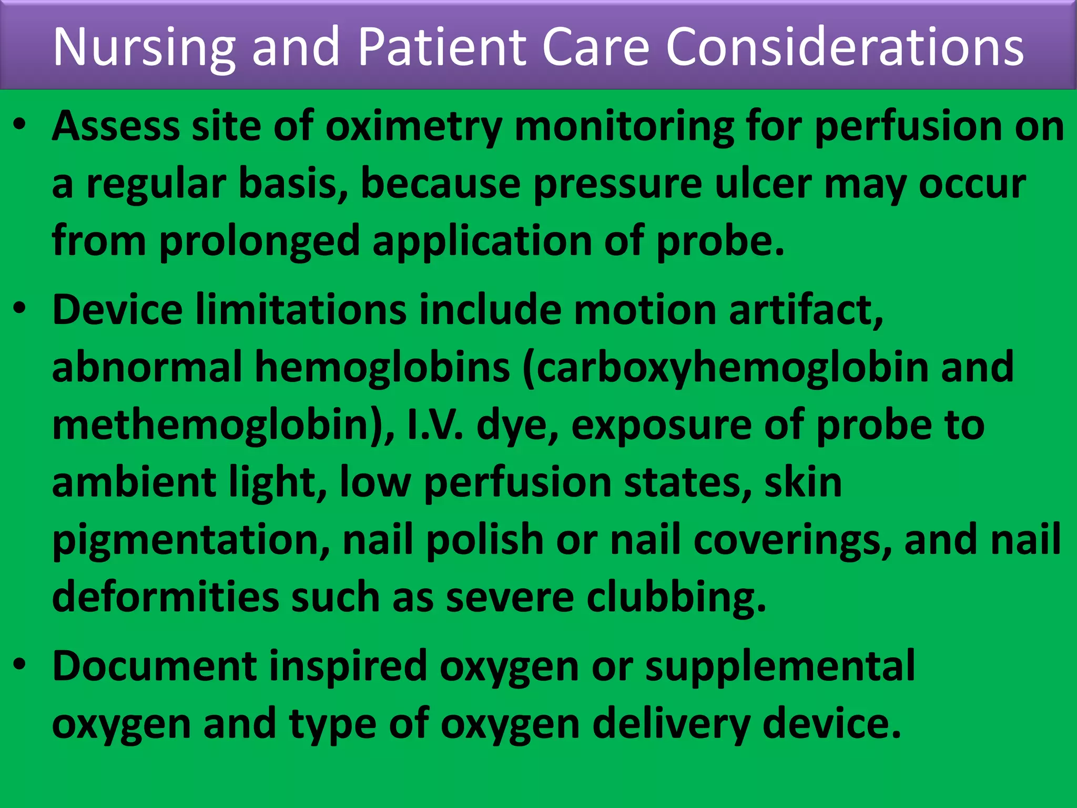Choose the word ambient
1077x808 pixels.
[134, 482]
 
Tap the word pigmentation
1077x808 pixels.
[191, 540]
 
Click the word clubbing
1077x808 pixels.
[677, 598]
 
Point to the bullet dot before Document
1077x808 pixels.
[20, 665]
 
